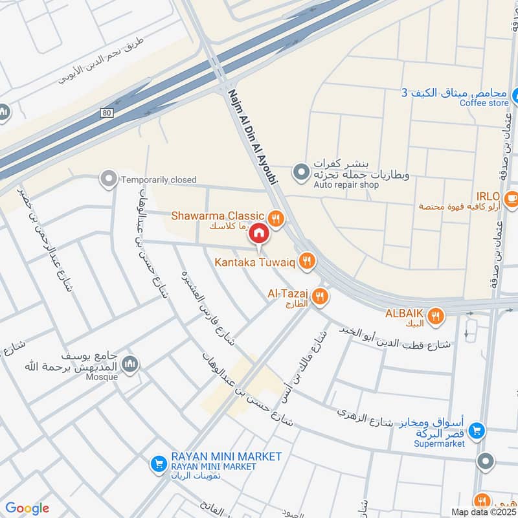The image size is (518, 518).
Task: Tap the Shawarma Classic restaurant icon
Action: click(x=276, y=218)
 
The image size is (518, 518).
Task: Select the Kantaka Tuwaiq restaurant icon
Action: click(x=308, y=261)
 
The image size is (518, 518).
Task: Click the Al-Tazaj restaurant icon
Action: click(x=319, y=297)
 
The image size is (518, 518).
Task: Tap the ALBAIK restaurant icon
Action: click(x=436, y=316)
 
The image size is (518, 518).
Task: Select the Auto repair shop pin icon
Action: click(x=300, y=172)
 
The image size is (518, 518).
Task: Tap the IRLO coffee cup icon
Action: click(x=512, y=197)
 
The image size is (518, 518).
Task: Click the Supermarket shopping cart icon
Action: click(x=477, y=430)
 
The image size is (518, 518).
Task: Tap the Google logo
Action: click(x=27, y=508)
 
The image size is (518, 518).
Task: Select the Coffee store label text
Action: click(x=484, y=103)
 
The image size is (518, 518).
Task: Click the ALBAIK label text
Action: click(x=404, y=313)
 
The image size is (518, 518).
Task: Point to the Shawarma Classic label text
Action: click(x=218, y=216)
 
